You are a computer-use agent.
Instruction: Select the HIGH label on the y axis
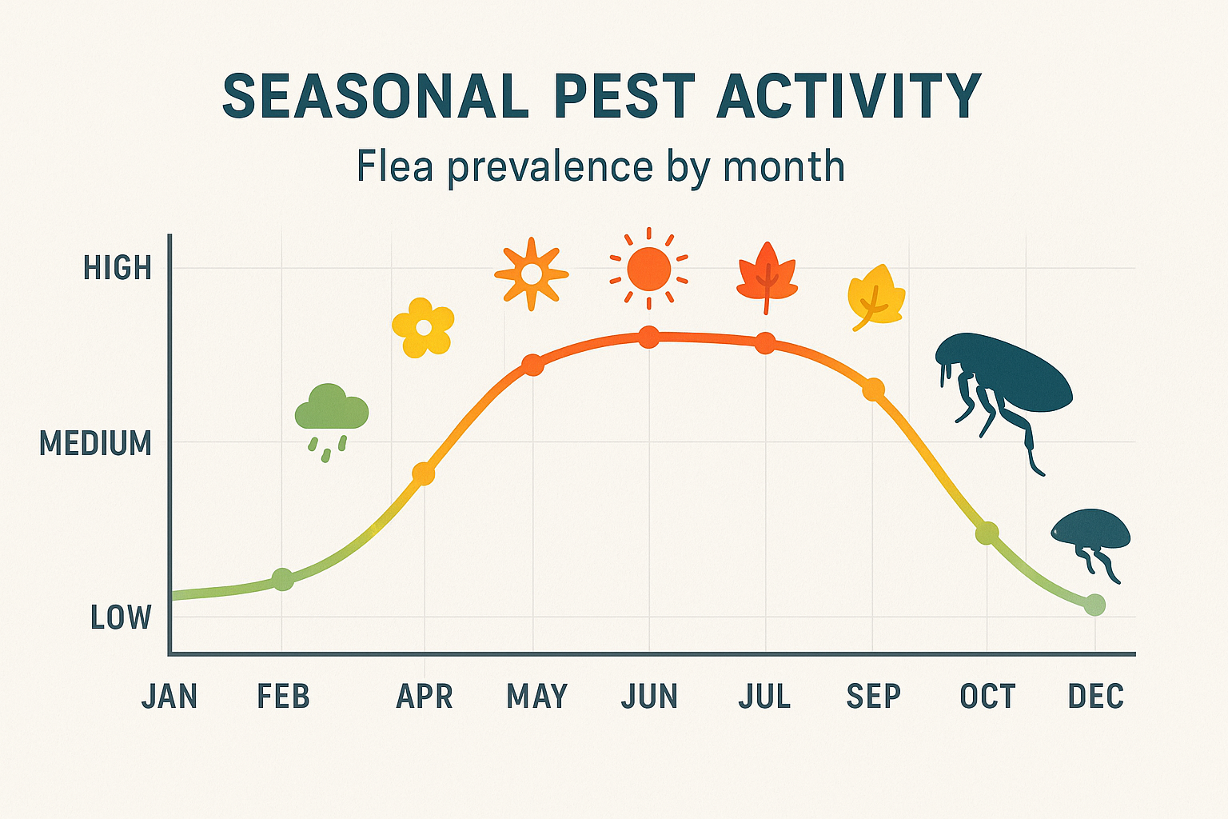coord(118,269)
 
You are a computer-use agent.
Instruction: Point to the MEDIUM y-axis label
coord(95,443)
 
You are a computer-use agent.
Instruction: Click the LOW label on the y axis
coord(121,617)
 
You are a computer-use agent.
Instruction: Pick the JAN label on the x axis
coord(169,697)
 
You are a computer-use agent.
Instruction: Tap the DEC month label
coord(1095,697)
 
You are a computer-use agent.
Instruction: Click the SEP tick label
coord(873,697)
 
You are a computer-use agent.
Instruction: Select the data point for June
coord(649,338)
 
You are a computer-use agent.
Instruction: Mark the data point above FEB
coord(283,579)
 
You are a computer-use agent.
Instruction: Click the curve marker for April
coord(423,473)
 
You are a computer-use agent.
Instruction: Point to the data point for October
coord(987,533)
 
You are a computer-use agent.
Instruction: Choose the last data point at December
coord(1094,605)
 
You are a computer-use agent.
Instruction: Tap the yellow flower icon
coord(423,328)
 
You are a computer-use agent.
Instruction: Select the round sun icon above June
coord(648,269)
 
